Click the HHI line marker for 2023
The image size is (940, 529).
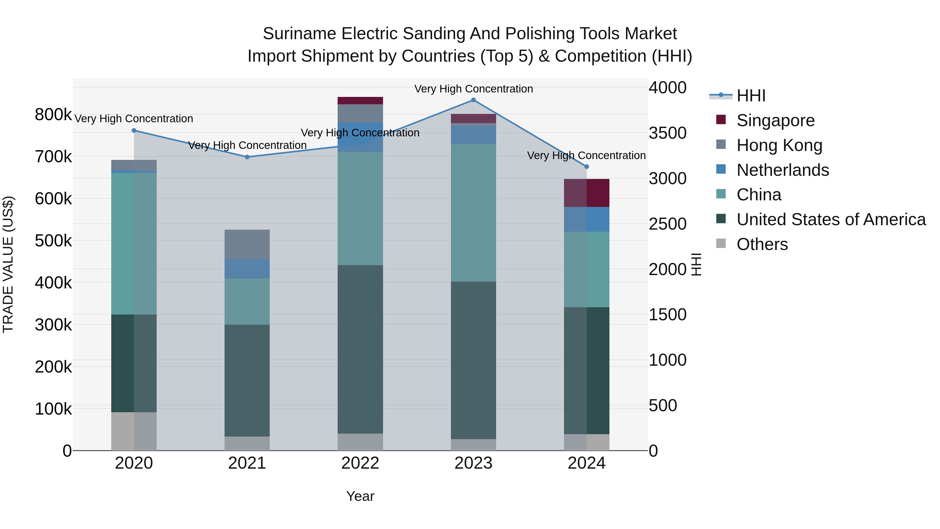(x=473, y=100)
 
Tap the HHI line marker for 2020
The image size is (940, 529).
(x=134, y=130)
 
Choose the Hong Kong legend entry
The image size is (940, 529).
(x=779, y=145)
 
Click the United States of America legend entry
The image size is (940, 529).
(x=831, y=219)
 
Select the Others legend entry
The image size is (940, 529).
(x=762, y=244)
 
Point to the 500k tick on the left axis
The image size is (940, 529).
(x=53, y=241)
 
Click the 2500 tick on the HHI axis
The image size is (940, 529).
(x=667, y=224)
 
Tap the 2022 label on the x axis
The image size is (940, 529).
(x=360, y=463)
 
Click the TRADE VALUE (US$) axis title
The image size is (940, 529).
(x=8, y=264)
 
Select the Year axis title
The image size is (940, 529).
(x=360, y=496)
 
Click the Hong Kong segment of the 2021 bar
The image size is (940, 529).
(x=247, y=244)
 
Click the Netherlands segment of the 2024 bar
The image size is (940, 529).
(x=586, y=219)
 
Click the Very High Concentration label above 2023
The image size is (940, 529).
(x=473, y=89)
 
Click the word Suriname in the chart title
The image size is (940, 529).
(x=299, y=34)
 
